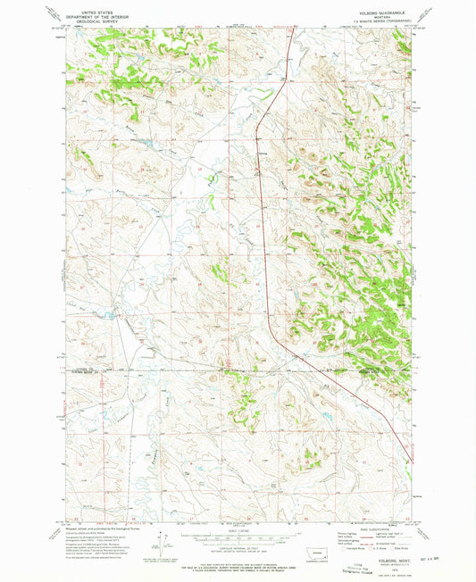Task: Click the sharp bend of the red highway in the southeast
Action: click(x=410, y=461)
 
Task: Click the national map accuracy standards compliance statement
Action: click(x=238, y=565)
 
